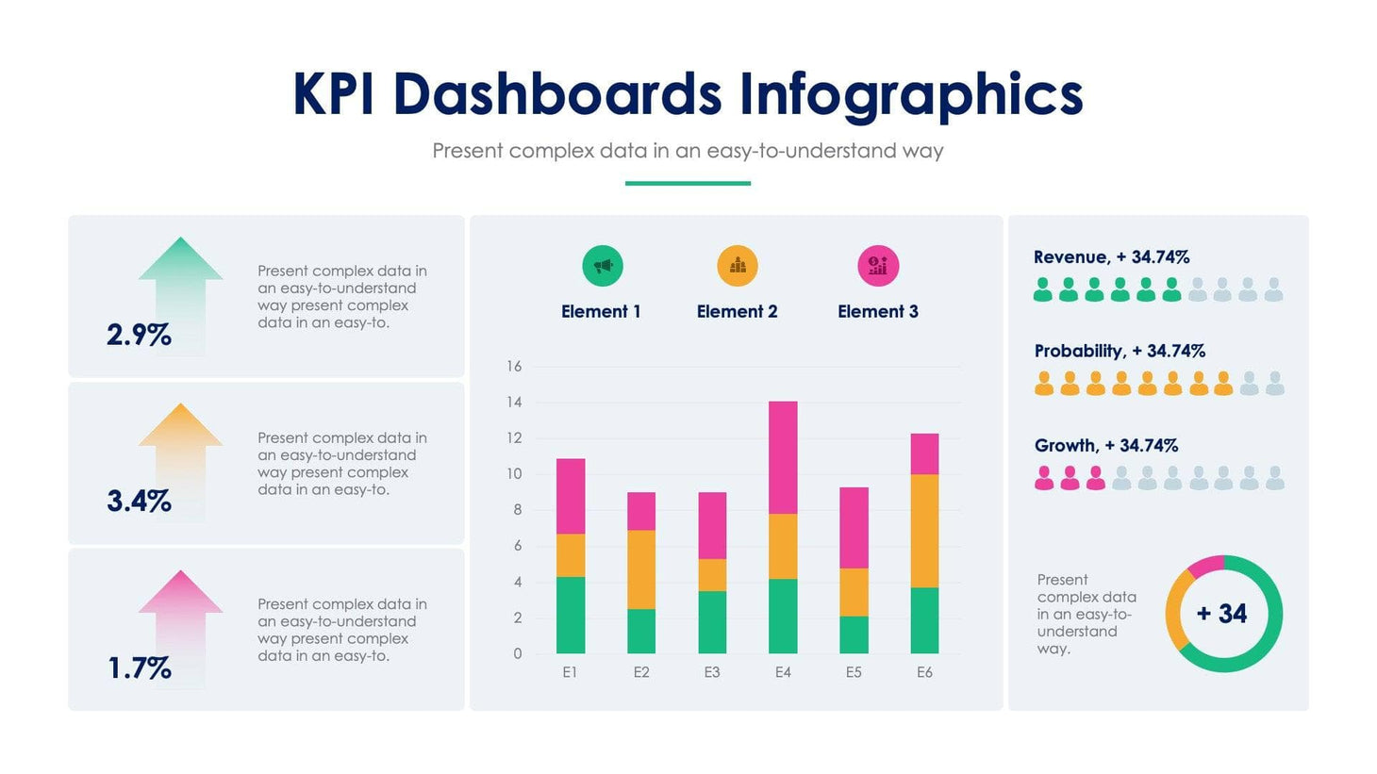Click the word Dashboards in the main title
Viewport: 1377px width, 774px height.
click(556, 94)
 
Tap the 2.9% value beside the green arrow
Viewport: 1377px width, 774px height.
click(139, 335)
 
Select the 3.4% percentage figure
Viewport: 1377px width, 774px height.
click(139, 501)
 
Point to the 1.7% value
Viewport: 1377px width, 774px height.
click(139, 668)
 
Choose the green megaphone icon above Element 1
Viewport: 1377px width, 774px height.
click(602, 266)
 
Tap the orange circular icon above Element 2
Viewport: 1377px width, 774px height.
click(737, 266)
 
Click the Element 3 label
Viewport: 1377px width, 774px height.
click(877, 312)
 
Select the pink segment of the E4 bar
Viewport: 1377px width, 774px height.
click(783, 457)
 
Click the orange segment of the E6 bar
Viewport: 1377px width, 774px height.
click(924, 530)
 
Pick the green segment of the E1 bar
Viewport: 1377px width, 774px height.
click(571, 615)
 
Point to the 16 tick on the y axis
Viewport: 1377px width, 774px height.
click(514, 367)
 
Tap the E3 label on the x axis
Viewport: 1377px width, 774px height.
click(712, 672)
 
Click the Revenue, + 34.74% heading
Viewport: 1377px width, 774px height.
click(1111, 257)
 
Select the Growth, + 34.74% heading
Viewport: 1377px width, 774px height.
click(1105, 446)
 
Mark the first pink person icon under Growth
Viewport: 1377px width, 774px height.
click(1044, 479)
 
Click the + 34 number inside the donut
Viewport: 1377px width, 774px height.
click(1222, 614)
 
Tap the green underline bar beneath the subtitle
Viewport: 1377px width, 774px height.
click(688, 183)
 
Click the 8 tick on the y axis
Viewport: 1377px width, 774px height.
click(517, 510)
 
